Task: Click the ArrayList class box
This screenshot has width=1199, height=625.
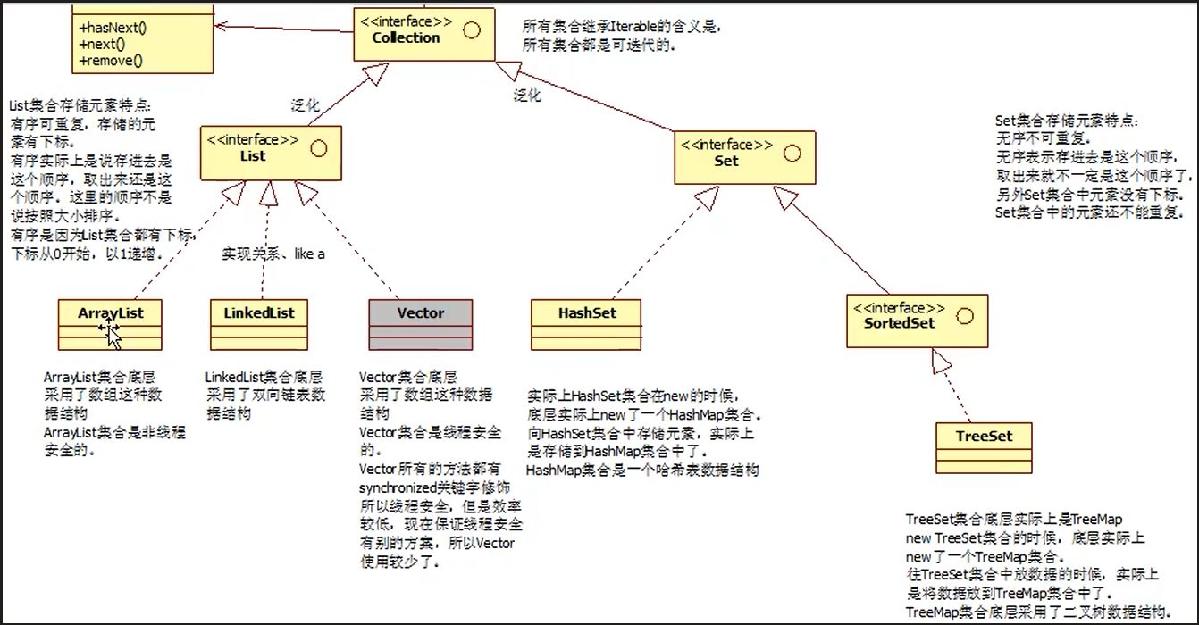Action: (x=110, y=324)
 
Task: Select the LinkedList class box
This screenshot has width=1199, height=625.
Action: (x=259, y=324)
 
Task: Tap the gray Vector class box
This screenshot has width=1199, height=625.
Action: (x=420, y=324)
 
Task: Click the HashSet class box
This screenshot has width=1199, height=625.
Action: (x=586, y=324)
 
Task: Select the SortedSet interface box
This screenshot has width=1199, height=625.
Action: (x=917, y=321)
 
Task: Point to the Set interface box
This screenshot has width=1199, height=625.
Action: (x=743, y=158)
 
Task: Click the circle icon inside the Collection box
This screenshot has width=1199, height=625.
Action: (x=471, y=29)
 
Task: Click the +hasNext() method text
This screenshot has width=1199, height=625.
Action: (x=113, y=28)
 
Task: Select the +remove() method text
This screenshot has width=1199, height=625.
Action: (x=111, y=61)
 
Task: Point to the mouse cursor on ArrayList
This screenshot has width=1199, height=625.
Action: (x=111, y=333)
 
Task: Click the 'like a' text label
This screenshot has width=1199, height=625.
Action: (x=309, y=254)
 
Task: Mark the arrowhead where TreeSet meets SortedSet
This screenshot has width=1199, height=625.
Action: (x=942, y=360)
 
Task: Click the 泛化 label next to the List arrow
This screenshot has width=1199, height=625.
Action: (x=305, y=105)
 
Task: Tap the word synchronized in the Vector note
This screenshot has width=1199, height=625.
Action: (x=396, y=488)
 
